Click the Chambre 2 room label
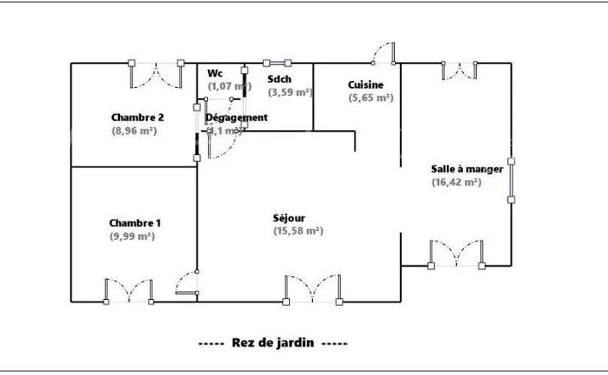coord(138,117)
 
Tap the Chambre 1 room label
coord(135,222)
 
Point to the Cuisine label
coord(366,84)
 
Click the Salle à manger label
coord(467,169)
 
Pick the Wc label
coord(215,73)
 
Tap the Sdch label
coord(280,78)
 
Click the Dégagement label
coord(237,117)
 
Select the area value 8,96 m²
coord(134,131)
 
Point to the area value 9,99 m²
coord(132,236)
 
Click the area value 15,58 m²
coord(298,231)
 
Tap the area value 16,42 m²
coord(456,182)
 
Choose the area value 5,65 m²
coord(371,98)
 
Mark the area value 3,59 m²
coord(290,92)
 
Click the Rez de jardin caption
coord(273,342)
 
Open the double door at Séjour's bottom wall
coord(313,290)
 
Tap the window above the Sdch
coord(278,63)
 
